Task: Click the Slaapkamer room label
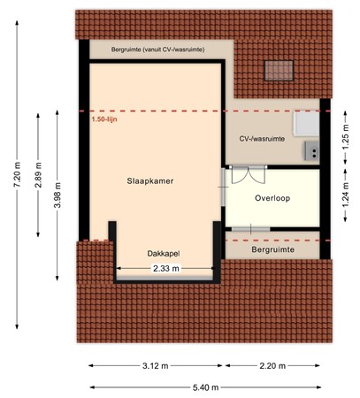(150, 181)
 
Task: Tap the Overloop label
(272, 198)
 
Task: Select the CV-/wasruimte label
(262, 139)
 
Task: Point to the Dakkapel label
(164, 254)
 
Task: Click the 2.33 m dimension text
(166, 269)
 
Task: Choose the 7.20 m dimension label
(17, 174)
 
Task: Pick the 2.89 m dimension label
(38, 175)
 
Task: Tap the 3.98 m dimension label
(57, 195)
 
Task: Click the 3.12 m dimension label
(156, 366)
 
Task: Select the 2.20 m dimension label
(272, 366)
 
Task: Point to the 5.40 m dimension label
(206, 387)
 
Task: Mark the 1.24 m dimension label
(346, 195)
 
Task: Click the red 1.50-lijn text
(104, 119)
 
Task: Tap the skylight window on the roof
(279, 71)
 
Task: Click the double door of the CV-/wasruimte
(249, 175)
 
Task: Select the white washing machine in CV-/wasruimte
(306, 123)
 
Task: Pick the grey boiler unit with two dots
(311, 150)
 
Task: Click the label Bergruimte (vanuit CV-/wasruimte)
(157, 50)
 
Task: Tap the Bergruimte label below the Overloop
(272, 249)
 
